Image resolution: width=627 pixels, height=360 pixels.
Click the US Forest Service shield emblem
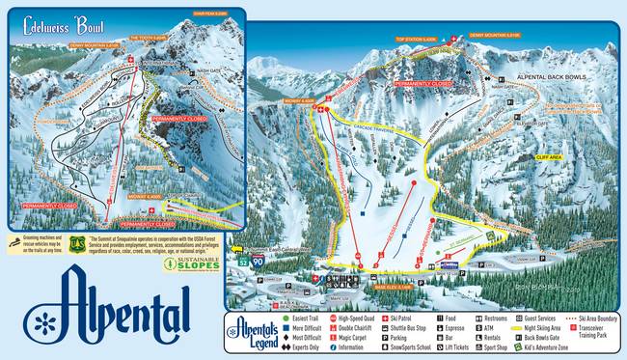[x=77, y=241]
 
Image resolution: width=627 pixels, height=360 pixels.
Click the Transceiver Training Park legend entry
[x=600, y=331]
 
